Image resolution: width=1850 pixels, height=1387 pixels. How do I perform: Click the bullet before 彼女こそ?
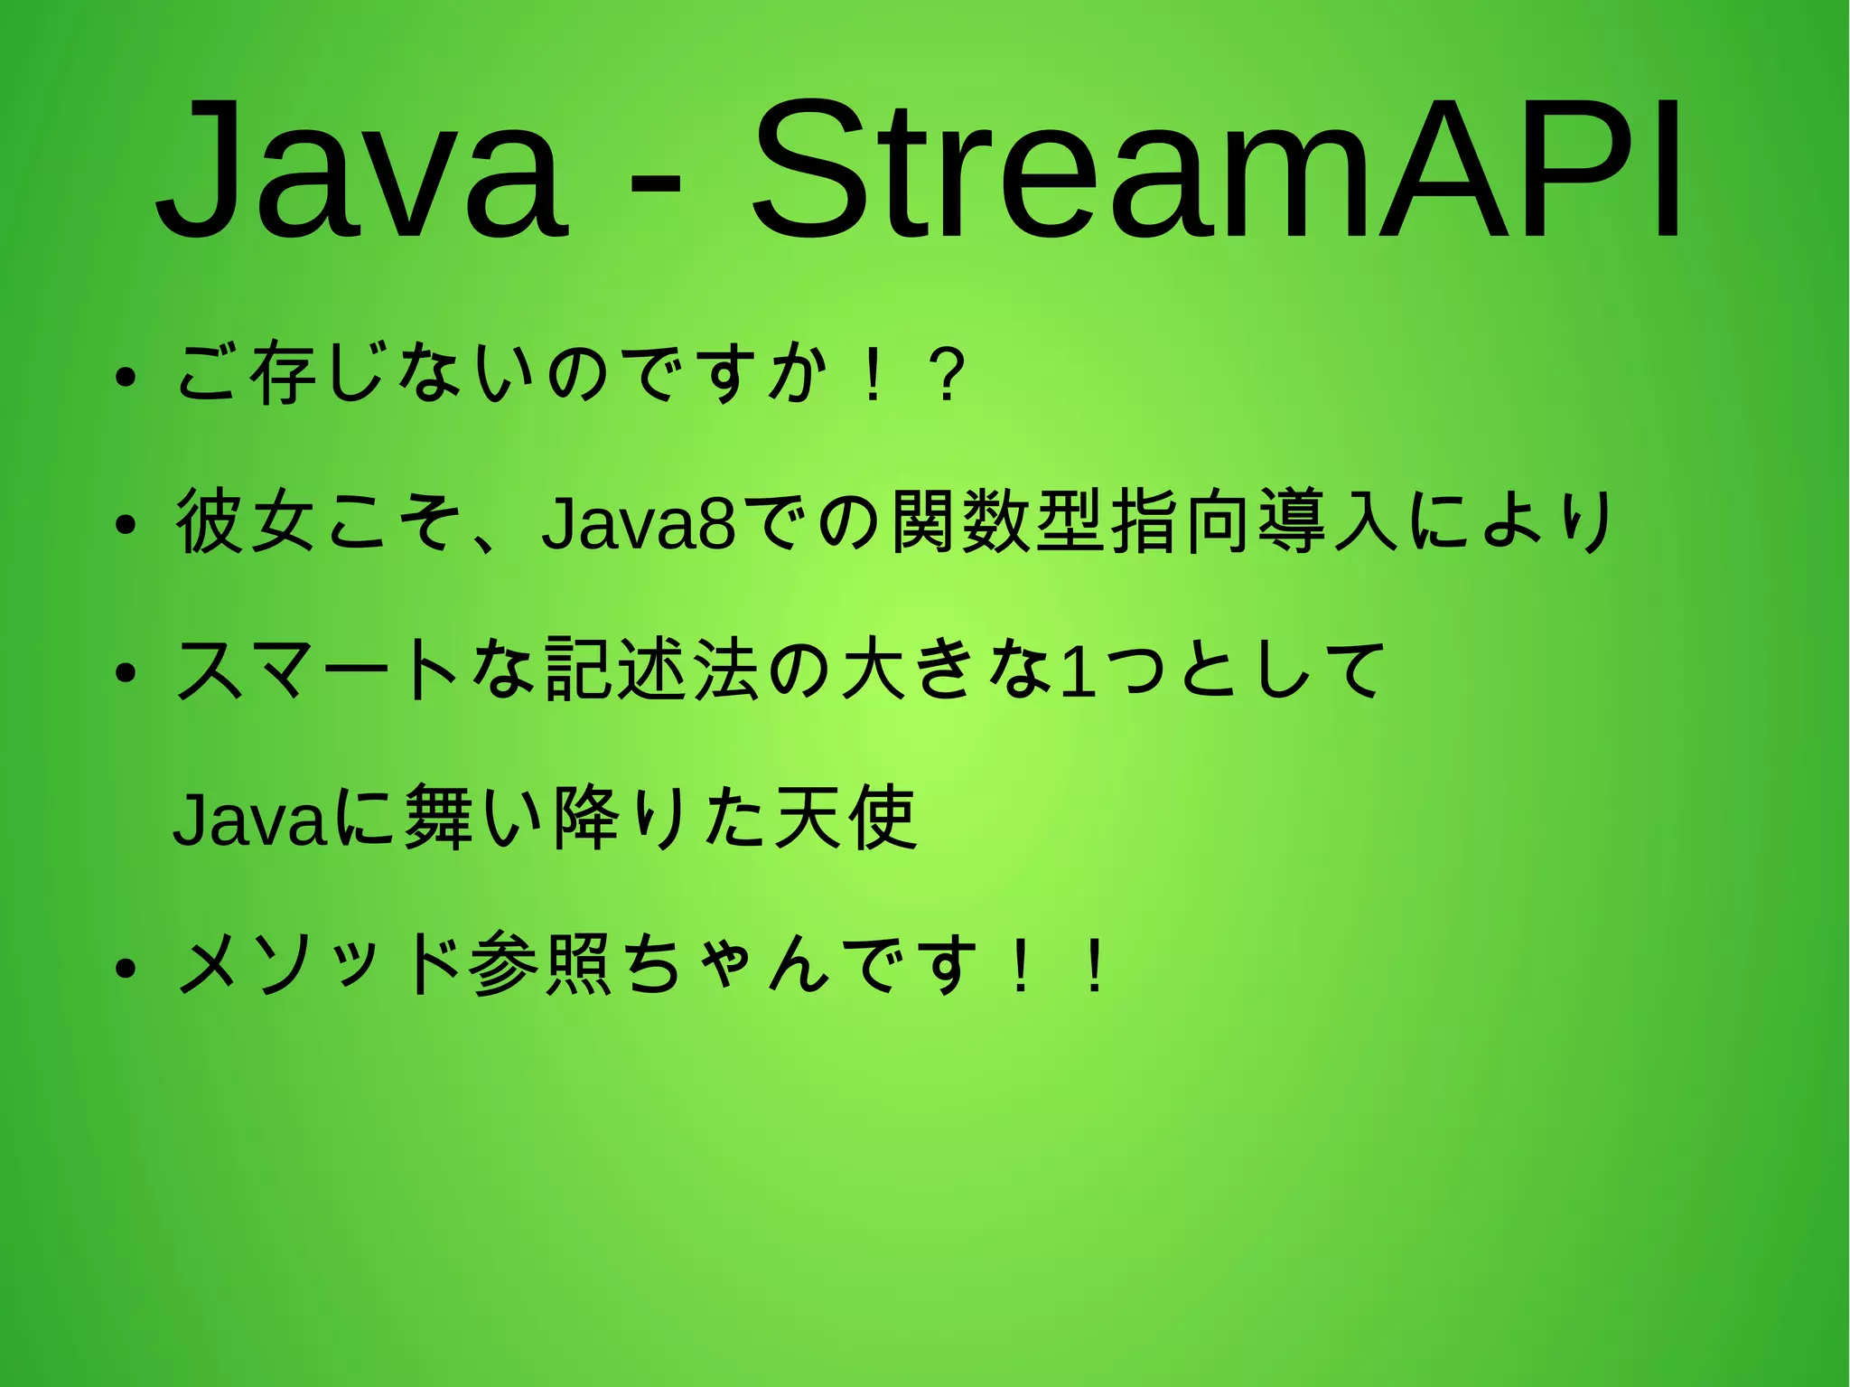126,525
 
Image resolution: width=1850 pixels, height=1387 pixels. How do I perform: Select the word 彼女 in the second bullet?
246,522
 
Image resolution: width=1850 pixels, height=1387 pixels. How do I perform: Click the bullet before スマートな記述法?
126,673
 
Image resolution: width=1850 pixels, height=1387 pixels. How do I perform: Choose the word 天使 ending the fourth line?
846,819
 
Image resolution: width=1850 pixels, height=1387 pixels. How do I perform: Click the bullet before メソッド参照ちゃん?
126,969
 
